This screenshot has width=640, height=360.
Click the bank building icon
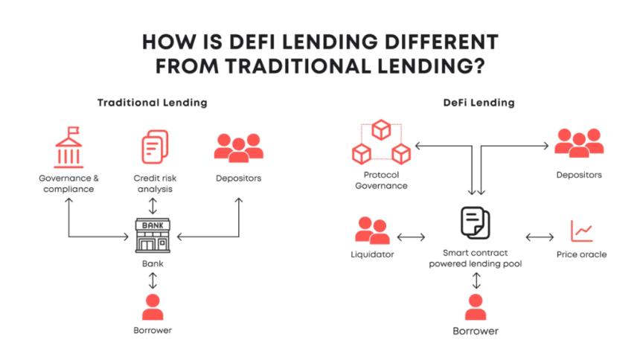point(153,236)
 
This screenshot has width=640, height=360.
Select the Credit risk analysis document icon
point(154,147)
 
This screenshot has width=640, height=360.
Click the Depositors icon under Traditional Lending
point(238,147)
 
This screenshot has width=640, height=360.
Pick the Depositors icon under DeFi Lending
point(578,141)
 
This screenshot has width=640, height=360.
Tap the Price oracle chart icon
point(581,231)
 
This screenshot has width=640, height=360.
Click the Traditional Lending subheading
point(152,103)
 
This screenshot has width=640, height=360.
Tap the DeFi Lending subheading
point(476,103)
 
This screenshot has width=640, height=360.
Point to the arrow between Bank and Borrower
point(153,280)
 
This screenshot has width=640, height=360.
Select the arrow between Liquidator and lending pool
point(411,238)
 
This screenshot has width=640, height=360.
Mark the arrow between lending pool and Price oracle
point(540,238)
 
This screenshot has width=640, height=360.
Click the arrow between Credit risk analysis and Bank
point(153,205)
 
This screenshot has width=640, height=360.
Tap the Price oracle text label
point(581,254)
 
